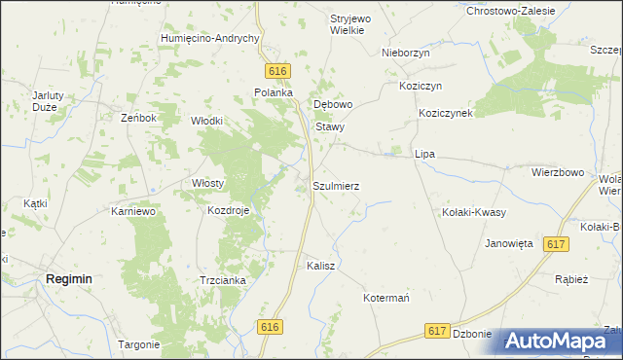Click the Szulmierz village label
337,185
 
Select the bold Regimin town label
69,278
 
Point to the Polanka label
274,92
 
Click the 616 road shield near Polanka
278,71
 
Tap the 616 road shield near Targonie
272,329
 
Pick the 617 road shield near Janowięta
557,245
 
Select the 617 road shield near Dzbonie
437,332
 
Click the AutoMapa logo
558,341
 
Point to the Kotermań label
390,297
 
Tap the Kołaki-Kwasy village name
474,211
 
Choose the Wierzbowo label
557,172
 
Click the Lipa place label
424,154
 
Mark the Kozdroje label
229,209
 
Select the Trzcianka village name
223,280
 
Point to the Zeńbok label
138,118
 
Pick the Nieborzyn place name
406,54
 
